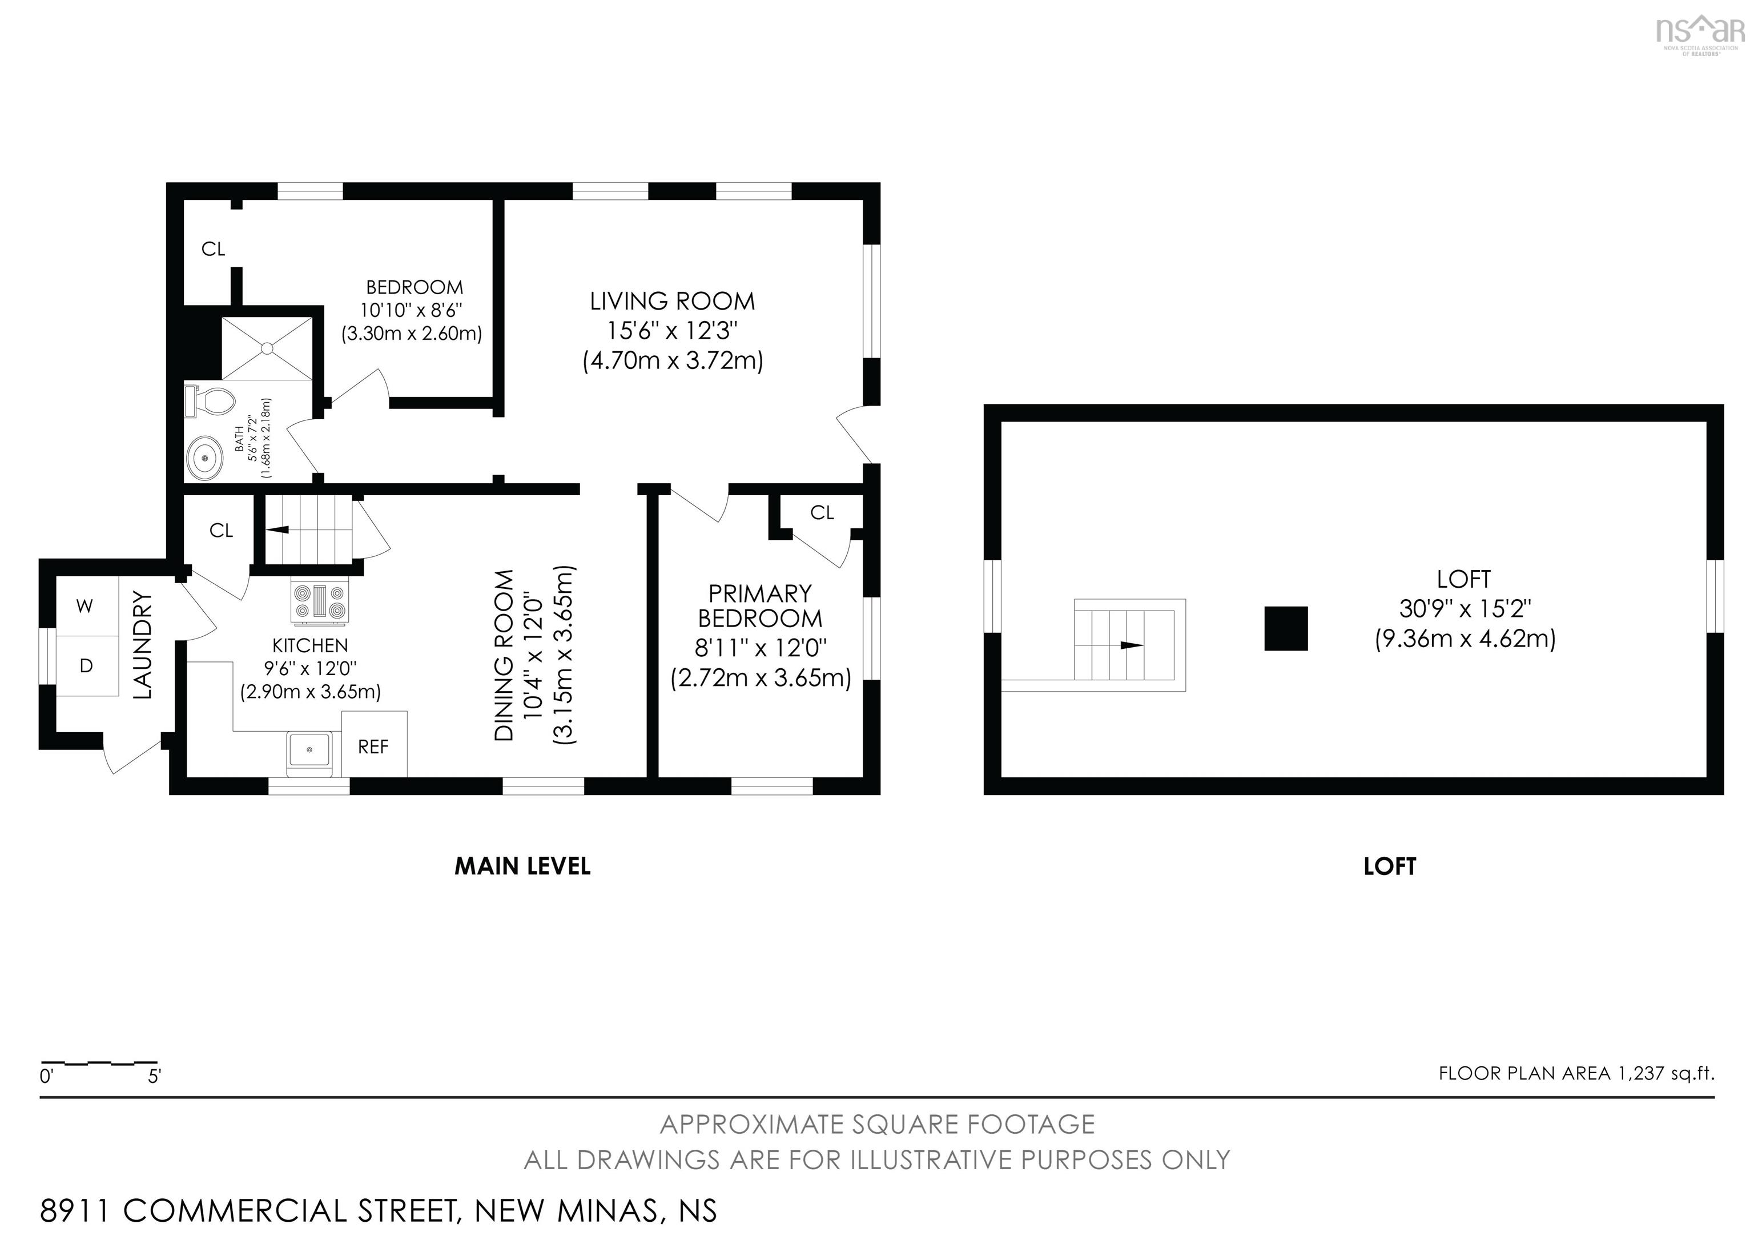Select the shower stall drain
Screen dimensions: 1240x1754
tap(267, 348)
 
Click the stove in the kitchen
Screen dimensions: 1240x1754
tap(321, 601)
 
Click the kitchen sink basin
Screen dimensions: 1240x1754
tap(309, 749)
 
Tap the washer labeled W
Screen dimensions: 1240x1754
tap(86, 607)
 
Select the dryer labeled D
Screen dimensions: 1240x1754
tap(86, 665)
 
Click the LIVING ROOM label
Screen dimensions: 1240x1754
tap(671, 301)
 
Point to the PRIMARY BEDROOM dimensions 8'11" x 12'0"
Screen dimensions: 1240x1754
tap(760, 648)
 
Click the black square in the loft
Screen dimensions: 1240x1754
tap(1286, 628)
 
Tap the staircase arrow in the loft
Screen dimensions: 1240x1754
tap(1132, 645)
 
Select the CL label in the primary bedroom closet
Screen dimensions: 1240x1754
tap(822, 513)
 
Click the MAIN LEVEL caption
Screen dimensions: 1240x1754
tap(522, 866)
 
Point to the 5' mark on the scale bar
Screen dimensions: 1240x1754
tap(155, 1077)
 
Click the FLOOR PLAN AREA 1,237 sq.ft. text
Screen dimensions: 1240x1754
tap(1576, 1073)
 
